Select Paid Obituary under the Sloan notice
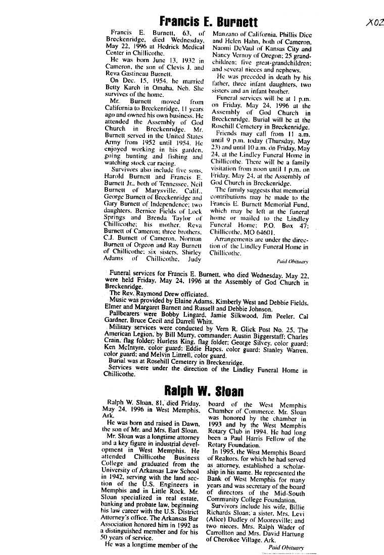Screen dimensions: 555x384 [286, 547]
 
